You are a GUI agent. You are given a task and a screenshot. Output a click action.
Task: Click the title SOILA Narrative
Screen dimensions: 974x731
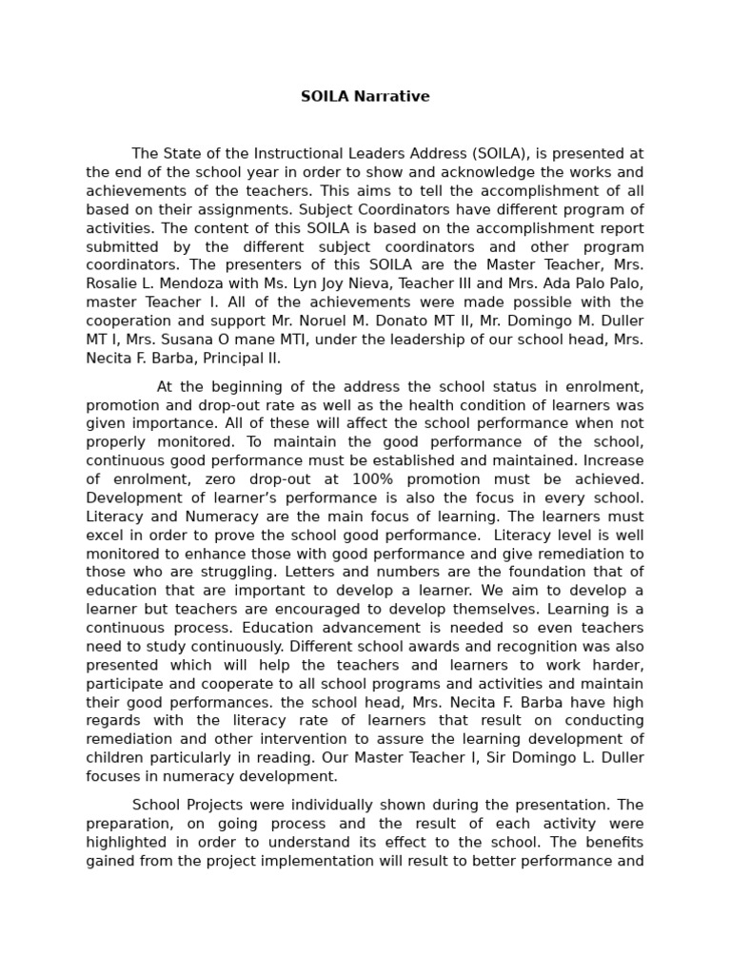pos(365,96)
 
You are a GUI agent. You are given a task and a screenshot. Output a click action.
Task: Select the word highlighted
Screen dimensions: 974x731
pos(128,843)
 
